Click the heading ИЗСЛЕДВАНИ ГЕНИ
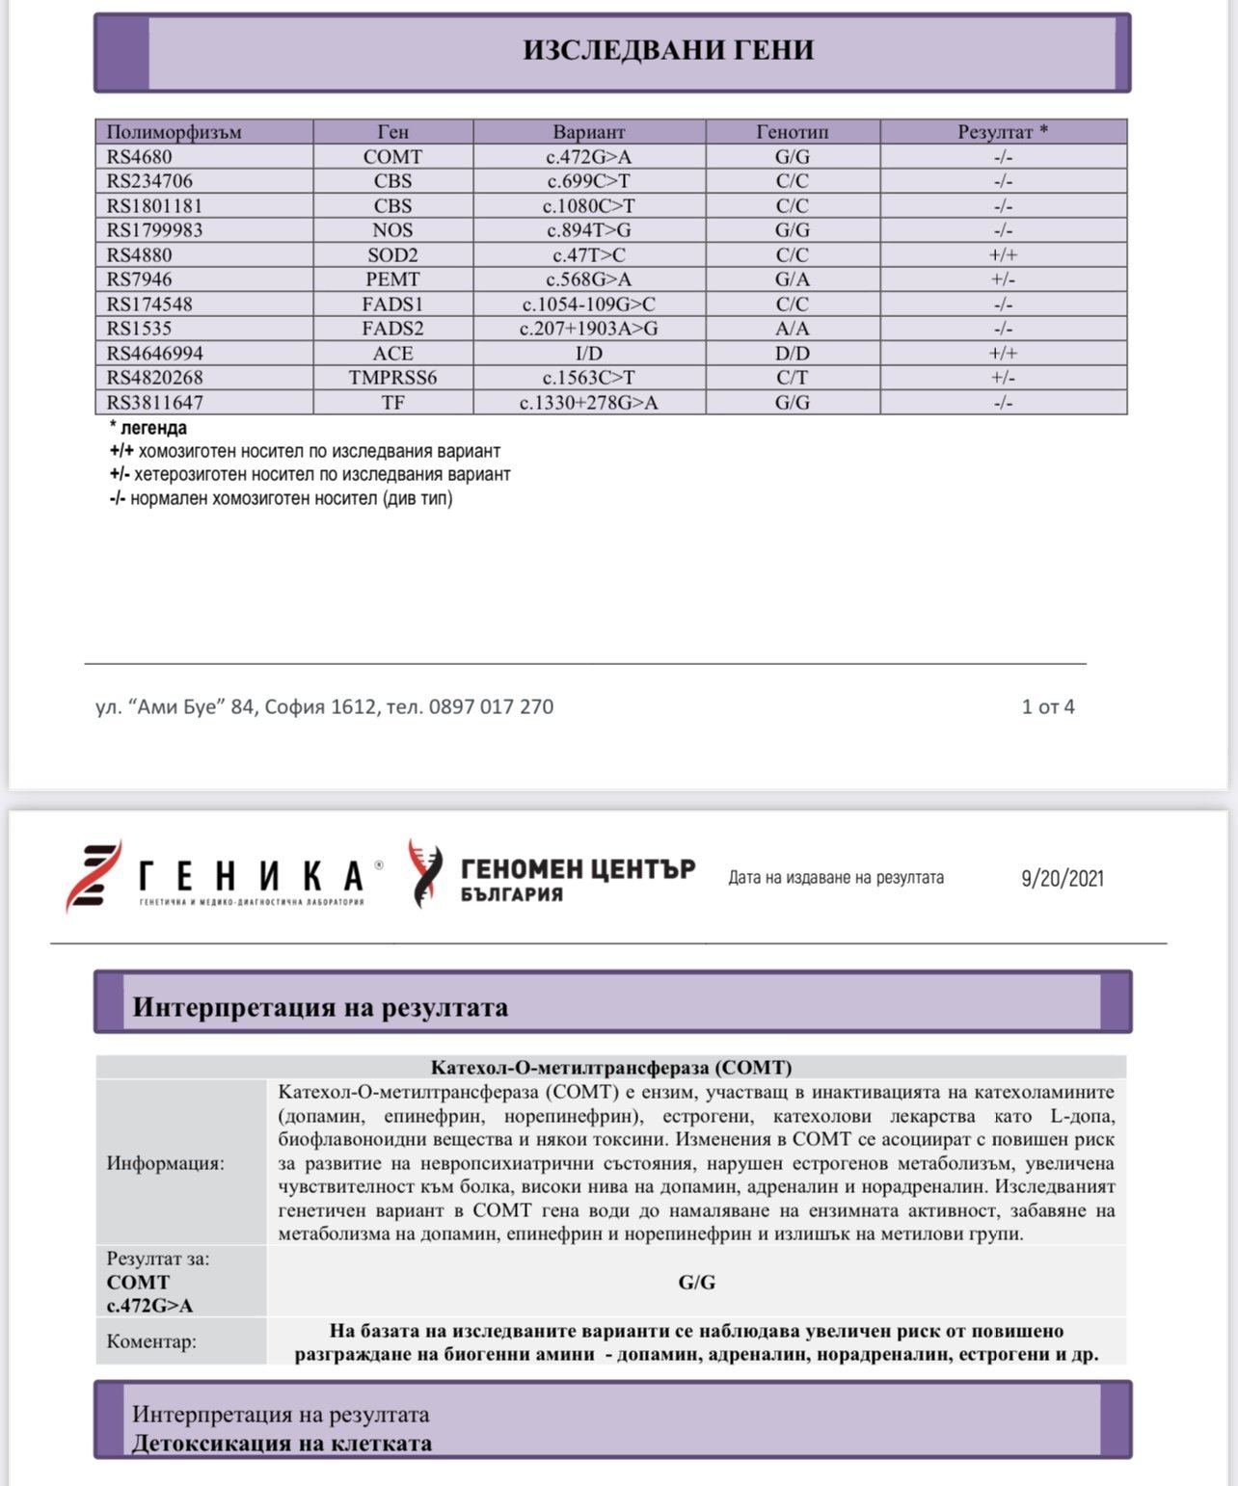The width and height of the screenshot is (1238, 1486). (668, 50)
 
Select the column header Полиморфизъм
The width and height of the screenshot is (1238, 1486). (174, 132)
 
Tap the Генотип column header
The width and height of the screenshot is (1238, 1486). (792, 132)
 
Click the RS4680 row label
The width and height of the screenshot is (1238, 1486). (140, 157)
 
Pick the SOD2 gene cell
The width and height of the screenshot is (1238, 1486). (392, 255)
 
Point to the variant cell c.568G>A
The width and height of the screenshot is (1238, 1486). (588, 279)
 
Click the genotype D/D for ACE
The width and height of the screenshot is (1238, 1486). (792, 354)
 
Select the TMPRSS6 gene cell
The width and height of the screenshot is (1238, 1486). (392, 378)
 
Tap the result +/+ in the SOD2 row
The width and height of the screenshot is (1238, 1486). (1003, 255)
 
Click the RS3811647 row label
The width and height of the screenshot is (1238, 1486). (155, 403)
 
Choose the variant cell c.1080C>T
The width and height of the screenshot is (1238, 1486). (588, 206)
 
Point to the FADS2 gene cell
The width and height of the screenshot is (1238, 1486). (392, 329)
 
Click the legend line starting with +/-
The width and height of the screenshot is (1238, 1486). (309, 474)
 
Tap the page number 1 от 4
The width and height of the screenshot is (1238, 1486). (1047, 706)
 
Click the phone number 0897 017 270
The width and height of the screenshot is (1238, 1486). (491, 706)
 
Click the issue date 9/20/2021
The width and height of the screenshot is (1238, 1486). (1062, 878)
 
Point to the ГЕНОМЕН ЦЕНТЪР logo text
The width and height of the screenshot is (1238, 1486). (577, 869)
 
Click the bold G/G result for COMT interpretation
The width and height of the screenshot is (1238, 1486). (696, 1283)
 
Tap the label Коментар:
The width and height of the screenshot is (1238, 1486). (151, 1341)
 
